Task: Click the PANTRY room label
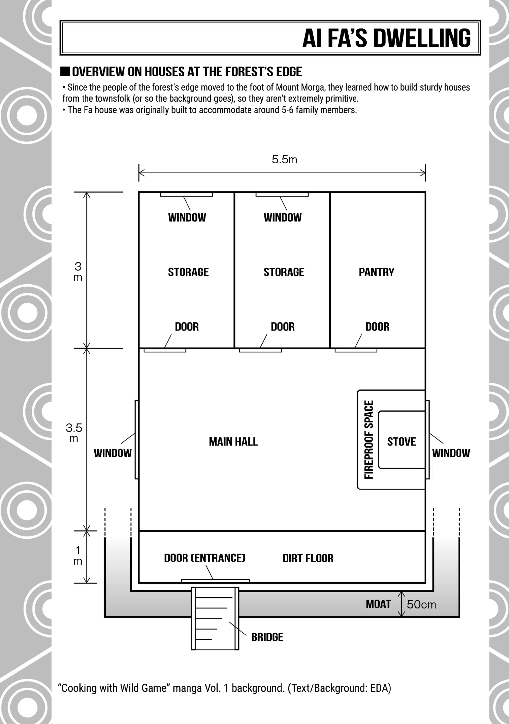pyautogui.click(x=377, y=272)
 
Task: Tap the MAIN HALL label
pyautogui.click(x=233, y=442)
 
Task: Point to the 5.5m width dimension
pyautogui.click(x=284, y=160)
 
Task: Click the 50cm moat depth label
pyautogui.click(x=421, y=604)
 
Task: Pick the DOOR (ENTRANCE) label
pyautogui.click(x=205, y=558)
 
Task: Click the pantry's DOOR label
pyautogui.click(x=377, y=327)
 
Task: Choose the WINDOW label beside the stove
pyautogui.click(x=451, y=453)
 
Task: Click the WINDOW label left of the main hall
pyautogui.click(x=113, y=453)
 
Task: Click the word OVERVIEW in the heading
pyautogui.click(x=98, y=72)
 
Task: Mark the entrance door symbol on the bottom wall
pyautogui.click(x=215, y=581)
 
